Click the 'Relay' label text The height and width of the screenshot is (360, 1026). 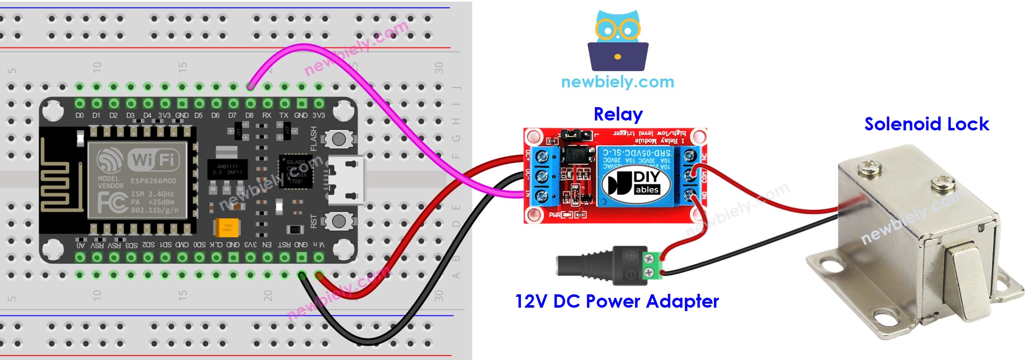coord(618,114)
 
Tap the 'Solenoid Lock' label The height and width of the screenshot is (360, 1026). coord(926,124)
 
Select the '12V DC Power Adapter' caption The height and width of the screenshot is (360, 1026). coord(617,301)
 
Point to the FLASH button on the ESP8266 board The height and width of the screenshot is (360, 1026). coord(339,139)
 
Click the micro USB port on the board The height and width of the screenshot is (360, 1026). coord(348,180)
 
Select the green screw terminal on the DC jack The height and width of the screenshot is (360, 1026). coord(652,265)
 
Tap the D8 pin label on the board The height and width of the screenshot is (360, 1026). coord(249,116)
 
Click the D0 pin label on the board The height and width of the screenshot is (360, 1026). coord(79,116)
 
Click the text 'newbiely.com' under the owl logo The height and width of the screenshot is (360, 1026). coord(618,81)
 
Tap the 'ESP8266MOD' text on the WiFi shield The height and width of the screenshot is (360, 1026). coord(153,181)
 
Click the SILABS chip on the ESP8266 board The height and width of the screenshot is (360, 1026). coord(296,171)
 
